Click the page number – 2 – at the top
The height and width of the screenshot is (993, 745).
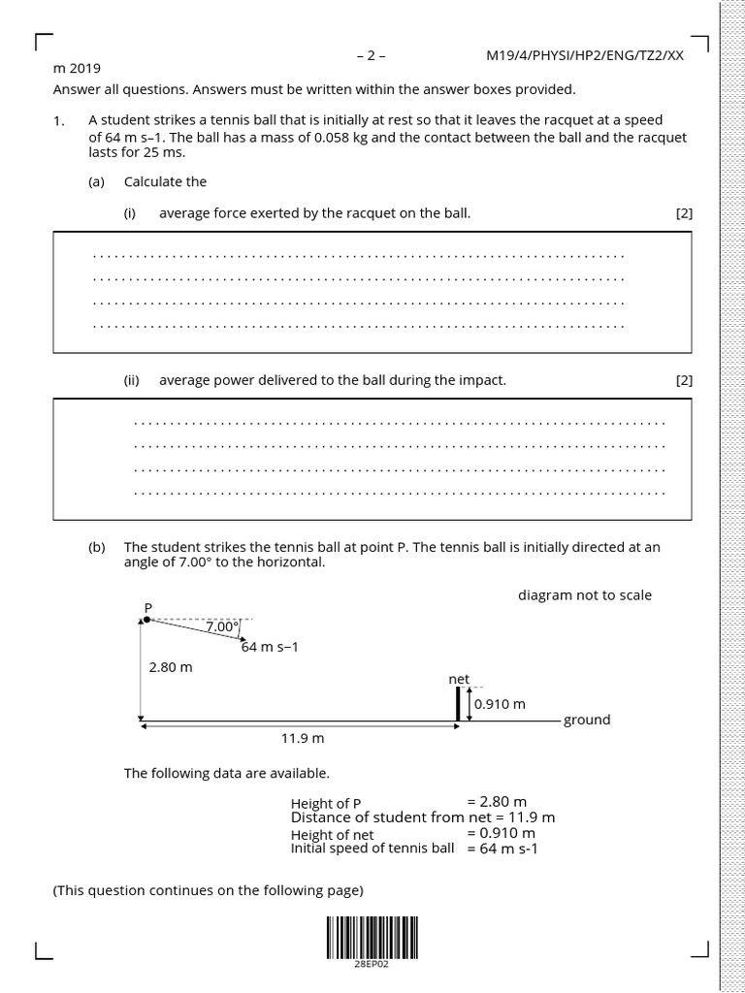click(372, 55)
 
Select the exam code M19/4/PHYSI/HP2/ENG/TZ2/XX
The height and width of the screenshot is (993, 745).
click(585, 55)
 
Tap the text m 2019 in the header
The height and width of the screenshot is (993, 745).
click(77, 69)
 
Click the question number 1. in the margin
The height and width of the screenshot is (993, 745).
click(59, 121)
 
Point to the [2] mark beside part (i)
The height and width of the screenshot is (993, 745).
click(684, 213)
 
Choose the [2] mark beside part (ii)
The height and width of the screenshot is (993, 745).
click(684, 380)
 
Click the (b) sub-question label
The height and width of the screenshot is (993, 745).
click(96, 547)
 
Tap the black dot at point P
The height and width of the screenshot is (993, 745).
click(147, 620)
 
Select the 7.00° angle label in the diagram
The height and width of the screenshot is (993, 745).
click(222, 627)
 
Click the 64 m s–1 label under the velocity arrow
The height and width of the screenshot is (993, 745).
click(270, 647)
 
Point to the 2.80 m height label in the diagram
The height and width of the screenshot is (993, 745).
click(172, 667)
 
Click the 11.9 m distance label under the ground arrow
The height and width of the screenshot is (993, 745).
click(302, 738)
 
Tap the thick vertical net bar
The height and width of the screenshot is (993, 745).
click(458, 704)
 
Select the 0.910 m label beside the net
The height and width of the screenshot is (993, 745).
click(500, 704)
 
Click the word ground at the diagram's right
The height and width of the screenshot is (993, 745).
click(587, 720)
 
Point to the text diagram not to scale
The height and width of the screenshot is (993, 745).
click(585, 594)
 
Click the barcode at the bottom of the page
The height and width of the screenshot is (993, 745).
click(372, 937)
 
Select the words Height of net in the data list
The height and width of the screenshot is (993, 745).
click(332, 835)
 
